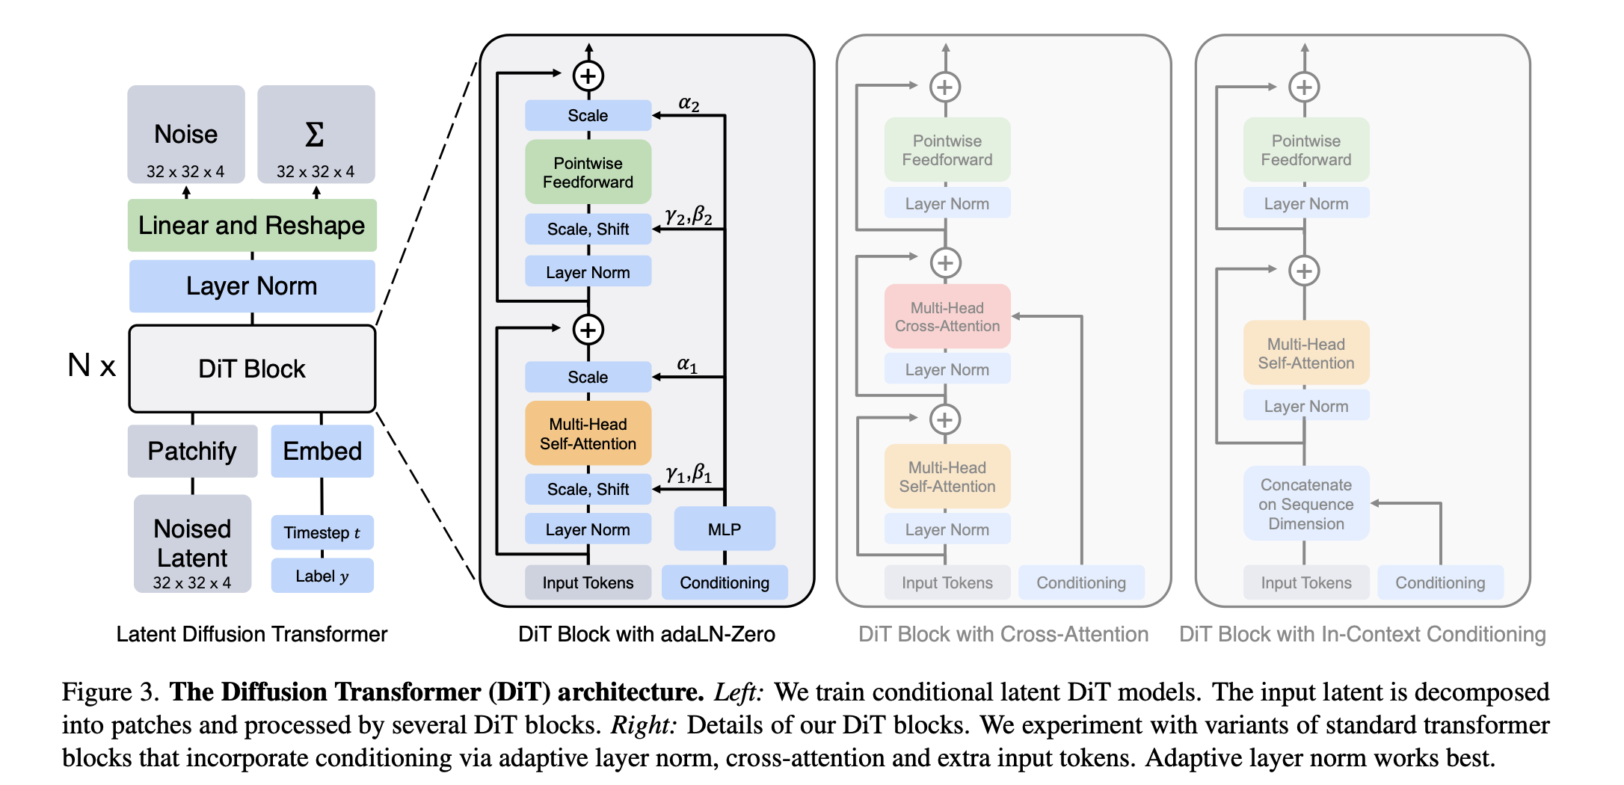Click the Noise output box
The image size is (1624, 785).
click(x=186, y=135)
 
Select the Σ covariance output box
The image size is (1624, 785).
click(x=316, y=135)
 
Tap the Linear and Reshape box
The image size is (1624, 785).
click(x=252, y=225)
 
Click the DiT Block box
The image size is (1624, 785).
click(x=252, y=369)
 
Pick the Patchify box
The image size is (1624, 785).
click(x=192, y=451)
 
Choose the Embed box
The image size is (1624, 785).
click(x=322, y=451)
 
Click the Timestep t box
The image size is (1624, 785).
click(x=322, y=532)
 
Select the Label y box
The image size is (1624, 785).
click(x=322, y=576)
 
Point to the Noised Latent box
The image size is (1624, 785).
click(x=192, y=544)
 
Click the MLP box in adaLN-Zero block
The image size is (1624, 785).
click(x=724, y=529)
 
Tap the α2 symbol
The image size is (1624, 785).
click(x=689, y=104)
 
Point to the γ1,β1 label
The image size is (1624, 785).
click(x=689, y=473)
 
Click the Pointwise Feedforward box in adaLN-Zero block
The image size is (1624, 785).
click(x=588, y=172)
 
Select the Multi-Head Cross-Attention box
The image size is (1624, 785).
click(x=947, y=317)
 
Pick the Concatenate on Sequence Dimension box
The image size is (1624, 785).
click(x=1306, y=504)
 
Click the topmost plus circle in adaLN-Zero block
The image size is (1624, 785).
click(x=588, y=76)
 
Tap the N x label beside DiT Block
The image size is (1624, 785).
click(x=91, y=366)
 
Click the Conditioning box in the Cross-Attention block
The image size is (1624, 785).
click(x=1081, y=582)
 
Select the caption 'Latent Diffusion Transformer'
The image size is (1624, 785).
click(x=252, y=634)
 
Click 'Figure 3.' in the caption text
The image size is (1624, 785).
click(x=110, y=692)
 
